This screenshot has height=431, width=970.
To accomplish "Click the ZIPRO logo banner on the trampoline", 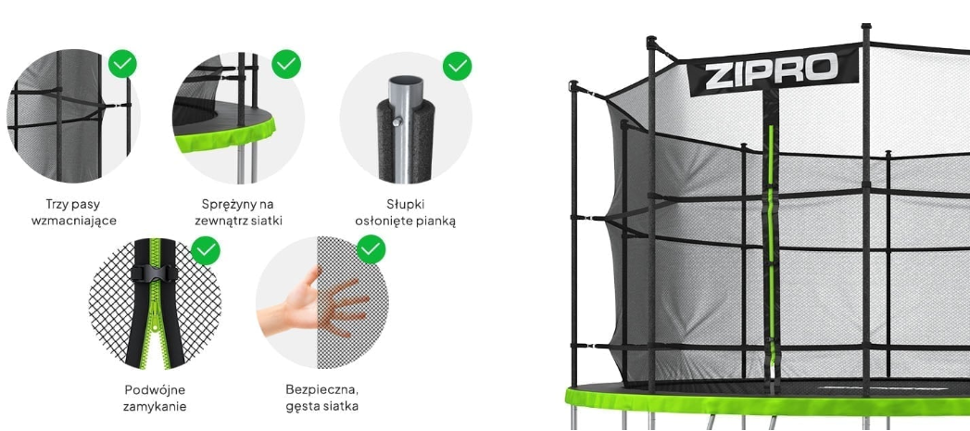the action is (774, 70).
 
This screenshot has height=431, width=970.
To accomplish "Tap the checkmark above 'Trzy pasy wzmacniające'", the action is (122, 64).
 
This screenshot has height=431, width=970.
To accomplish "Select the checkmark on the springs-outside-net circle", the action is (286, 64).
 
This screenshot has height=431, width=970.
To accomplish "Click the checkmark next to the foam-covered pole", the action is (457, 66).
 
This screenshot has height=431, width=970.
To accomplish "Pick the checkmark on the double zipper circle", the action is (206, 250).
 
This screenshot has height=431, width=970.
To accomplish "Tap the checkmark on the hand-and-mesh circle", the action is (372, 249).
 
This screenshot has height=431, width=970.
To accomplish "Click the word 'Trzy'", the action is (57, 204).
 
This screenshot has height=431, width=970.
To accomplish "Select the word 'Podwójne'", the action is (156, 390).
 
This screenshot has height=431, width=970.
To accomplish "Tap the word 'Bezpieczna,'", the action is (322, 391).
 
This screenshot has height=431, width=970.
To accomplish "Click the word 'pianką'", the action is (436, 222).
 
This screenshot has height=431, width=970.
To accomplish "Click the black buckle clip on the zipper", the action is (155, 273).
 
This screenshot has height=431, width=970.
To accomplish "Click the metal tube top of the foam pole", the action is (405, 87).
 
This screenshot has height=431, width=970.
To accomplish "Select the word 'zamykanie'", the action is (156, 407).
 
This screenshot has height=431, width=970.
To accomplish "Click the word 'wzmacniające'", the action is (73, 221).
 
